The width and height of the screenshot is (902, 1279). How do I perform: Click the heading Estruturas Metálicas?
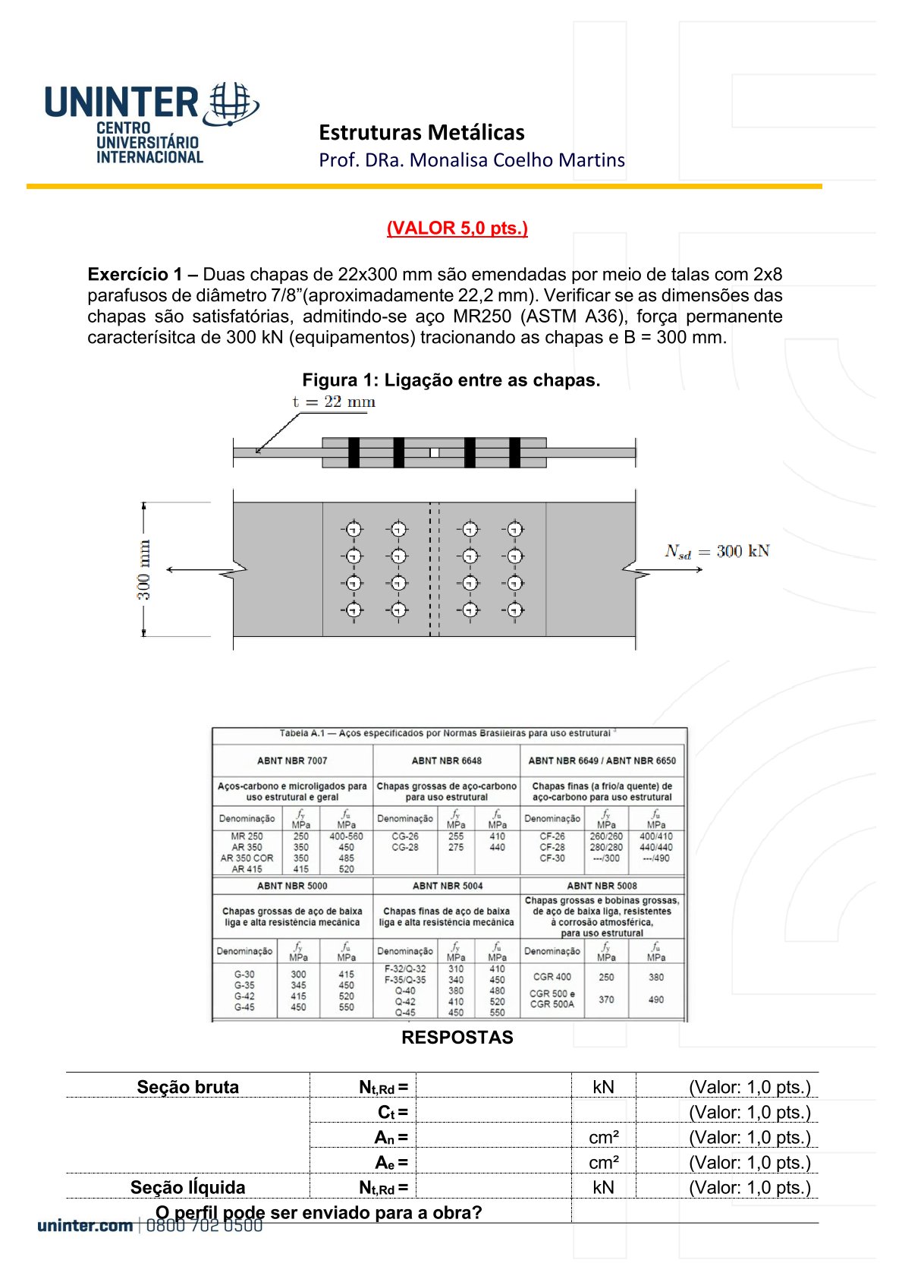(x=421, y=133)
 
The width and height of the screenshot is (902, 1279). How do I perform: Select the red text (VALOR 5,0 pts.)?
(x=457, y=228)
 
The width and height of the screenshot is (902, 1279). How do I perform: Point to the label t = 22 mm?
(x=334, y=402)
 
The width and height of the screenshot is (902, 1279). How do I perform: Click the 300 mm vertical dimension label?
(x=143, y=569)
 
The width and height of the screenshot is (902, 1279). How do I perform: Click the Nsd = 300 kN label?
(x=717, y=552)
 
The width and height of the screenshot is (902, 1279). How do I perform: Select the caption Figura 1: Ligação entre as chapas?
(x=451, y=380)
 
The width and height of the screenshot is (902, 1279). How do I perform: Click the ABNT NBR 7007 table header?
(x=292, y=761)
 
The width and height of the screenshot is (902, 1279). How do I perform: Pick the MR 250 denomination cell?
(x=247, y=836)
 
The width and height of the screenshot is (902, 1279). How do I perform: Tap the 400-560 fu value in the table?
(x=346, y=836)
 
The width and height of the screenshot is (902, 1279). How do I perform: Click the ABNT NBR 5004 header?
(x=447, y=886)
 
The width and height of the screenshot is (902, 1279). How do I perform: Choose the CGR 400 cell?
(x=552, y=977)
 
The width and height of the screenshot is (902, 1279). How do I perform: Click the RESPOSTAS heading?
(x=457, y=1038)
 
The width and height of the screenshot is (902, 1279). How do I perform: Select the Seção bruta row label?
(x=187, y=1087)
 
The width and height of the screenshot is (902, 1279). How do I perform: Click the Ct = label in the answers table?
(x=392, y=1113)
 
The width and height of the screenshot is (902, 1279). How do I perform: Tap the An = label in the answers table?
(x=391, y=1138)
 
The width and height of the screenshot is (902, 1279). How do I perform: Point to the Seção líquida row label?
(x=187, y=1188)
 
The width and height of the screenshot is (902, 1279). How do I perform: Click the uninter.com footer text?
(x=85, y=1226)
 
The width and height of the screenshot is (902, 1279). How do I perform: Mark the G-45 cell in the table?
(x=244, y=1007)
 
